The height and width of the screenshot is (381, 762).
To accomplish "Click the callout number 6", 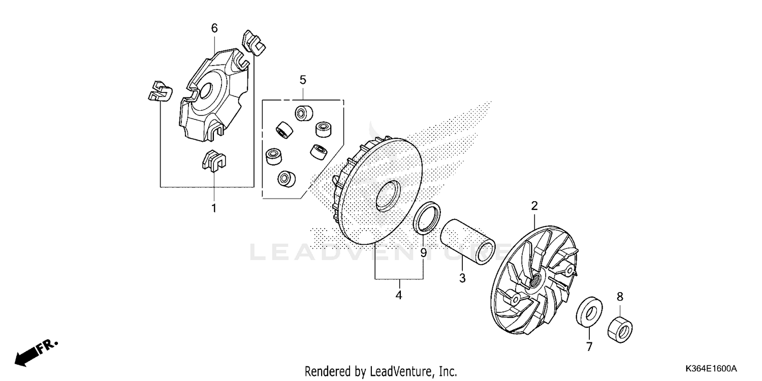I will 214,28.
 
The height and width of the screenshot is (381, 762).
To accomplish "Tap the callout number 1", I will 214,208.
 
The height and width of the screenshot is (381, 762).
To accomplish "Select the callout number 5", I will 303,80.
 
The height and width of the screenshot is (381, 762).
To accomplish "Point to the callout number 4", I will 399,295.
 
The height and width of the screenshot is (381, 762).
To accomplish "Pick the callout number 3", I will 462,278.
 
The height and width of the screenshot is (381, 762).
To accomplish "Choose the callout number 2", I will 534,206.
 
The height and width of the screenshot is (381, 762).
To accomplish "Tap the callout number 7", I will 590,347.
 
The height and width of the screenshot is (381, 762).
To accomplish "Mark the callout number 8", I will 620,296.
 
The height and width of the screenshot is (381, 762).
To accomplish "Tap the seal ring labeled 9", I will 427,217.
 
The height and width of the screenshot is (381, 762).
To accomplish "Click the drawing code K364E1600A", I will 711,368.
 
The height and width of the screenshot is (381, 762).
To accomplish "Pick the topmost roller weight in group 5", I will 304,113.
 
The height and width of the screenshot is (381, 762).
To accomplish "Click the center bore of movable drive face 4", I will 388,195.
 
